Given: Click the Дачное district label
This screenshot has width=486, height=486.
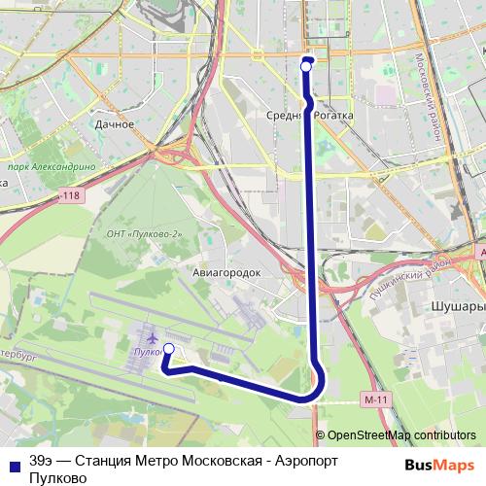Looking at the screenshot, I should click(x=115, y=124).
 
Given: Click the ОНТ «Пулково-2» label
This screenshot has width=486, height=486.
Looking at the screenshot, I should click(x=143, y=234).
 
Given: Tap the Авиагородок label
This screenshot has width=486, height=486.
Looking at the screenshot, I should click(x=227, y=273).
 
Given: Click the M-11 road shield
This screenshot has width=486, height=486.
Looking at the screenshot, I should click(x=370, y=399).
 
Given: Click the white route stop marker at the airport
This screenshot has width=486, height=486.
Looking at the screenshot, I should click(x=168, y=349).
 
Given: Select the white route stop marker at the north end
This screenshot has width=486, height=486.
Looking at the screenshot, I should click(x=307, y=67).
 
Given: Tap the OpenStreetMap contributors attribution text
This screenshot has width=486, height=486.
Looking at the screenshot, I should click(x=401, y=435).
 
